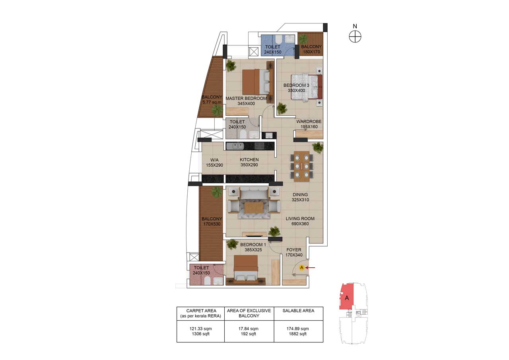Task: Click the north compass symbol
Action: tap(355, 37)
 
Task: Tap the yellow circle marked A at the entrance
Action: tap(302, 268)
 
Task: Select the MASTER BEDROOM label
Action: tap(246, 101)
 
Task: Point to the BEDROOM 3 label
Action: tap(296, 88)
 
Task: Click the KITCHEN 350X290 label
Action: tap(249, 162)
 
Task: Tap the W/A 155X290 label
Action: tap(212, 162)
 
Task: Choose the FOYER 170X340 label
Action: tap(294, 252)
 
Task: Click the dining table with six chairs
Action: tap(301, 166)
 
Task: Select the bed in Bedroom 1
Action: tap(246, 269)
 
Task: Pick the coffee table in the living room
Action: tap(253, 207)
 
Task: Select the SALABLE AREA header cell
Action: tap(298, 311)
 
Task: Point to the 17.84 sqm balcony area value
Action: tap(249, 329)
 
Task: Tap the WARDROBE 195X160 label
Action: tap(309, 124)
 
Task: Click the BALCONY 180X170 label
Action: tap(311, 49)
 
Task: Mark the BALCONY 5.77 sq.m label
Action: tap(212, 99)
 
